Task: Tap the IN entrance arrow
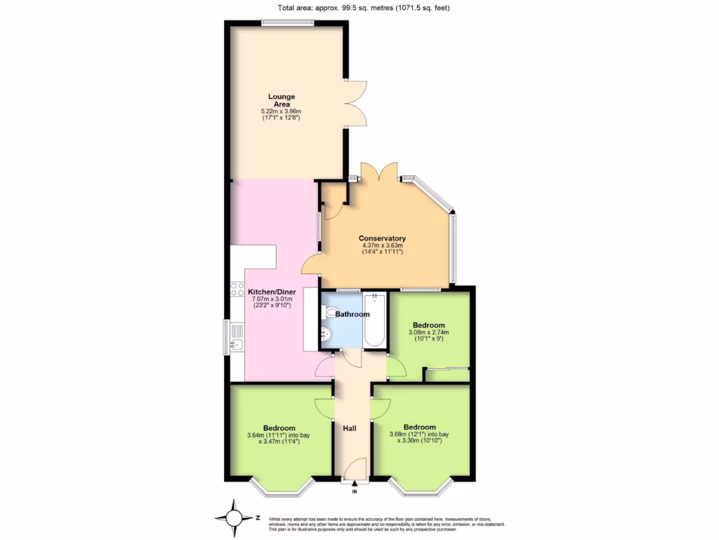click(x=355, y=484)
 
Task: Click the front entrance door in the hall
click(x=357, y=468)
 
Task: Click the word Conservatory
click(x=381, y=237)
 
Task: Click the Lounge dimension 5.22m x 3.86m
click(x=281, y=112)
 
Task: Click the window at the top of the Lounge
click(x=288, y=23)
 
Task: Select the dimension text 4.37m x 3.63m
click(x=381, y=245)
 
